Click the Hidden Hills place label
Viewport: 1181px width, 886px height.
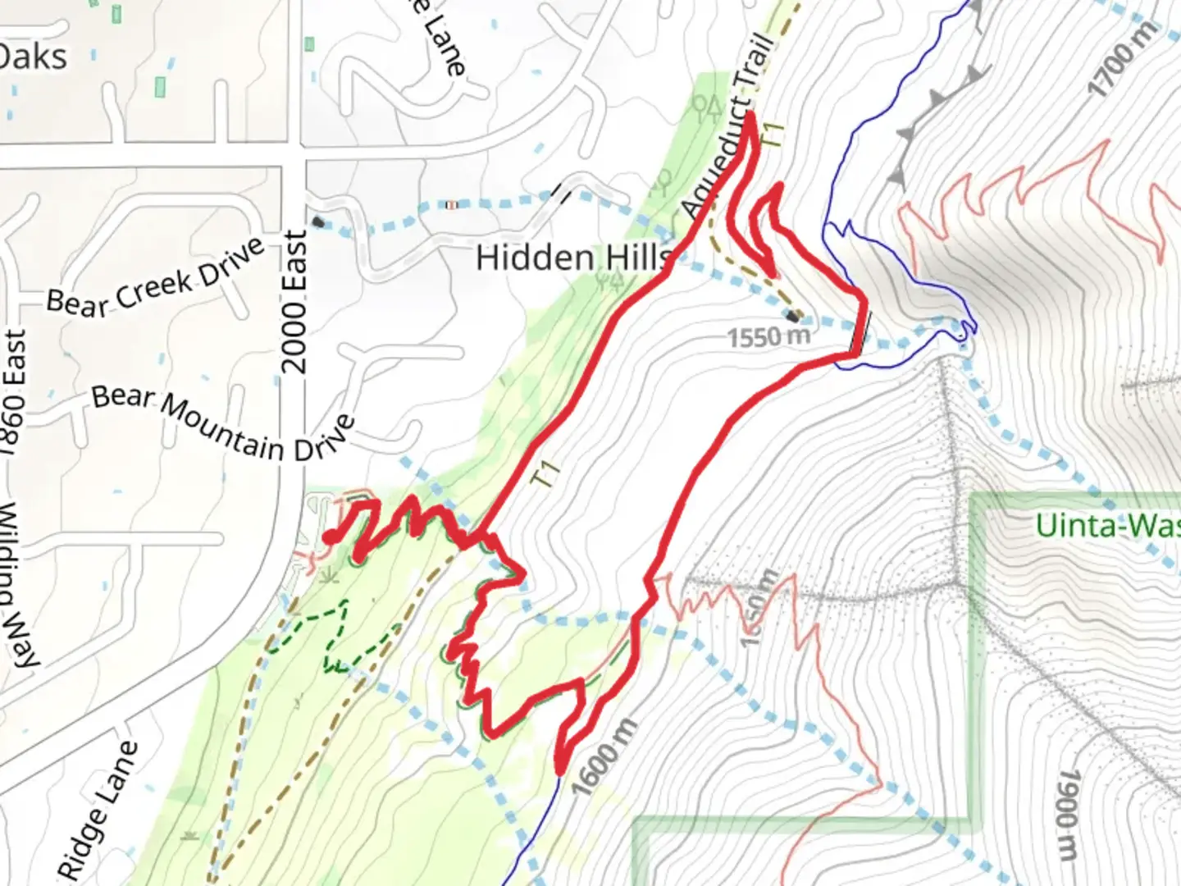point(572,258)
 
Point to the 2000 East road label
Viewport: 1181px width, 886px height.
point(294,302)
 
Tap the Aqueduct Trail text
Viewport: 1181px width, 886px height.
point(728,127)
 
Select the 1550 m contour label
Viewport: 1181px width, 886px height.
point(768,336)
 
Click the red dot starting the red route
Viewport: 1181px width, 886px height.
point(327,538)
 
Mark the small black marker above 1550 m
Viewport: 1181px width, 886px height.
point(793,316)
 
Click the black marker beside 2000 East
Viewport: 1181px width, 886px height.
point(318,221)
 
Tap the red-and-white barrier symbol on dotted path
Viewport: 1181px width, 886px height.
point(450,204)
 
